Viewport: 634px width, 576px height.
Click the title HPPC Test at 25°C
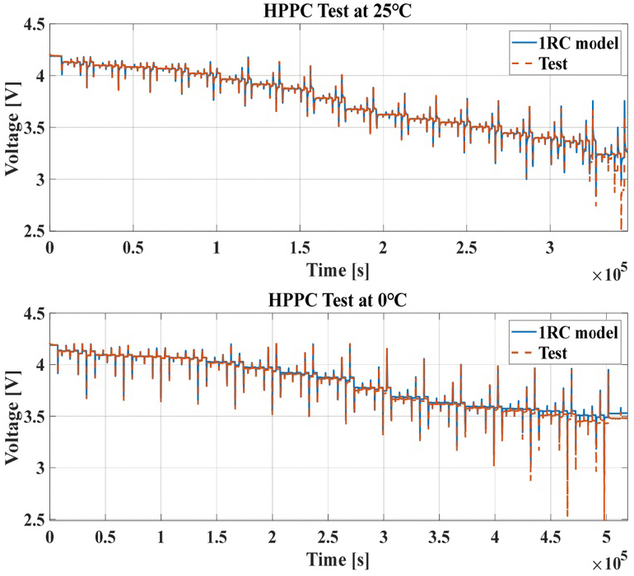pyautogui.click(x=333, y=11)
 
